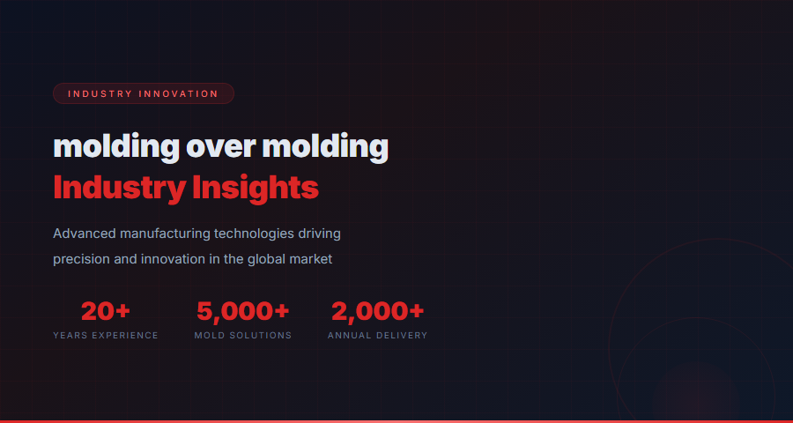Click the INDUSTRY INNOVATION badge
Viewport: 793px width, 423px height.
[x=143, y=93]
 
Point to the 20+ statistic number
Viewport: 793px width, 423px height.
[x=106, y=311]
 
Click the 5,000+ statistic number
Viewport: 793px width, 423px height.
[x=243, y=311]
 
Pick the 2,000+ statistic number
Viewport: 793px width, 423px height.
[x=378, y=311]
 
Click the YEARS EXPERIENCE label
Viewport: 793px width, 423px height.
[x=106, y=336]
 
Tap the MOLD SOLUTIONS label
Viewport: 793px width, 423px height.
[x=243, y=336]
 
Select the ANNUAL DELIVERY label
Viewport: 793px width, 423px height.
[x=378, y=336]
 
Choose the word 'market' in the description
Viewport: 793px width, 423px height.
[x=313, y=259]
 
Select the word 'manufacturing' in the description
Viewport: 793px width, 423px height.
[x=165, y=234]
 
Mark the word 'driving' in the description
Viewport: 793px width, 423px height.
[x=319, y=234]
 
